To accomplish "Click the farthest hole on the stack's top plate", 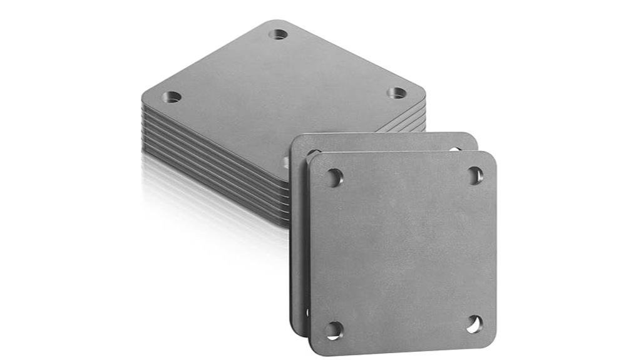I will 279,34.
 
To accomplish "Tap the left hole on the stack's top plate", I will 172,97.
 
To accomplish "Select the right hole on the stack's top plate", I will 396,93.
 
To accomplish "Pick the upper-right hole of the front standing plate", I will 476,175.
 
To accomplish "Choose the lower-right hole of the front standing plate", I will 474,324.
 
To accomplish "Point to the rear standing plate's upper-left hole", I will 312,152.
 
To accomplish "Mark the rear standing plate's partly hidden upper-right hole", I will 455,149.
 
